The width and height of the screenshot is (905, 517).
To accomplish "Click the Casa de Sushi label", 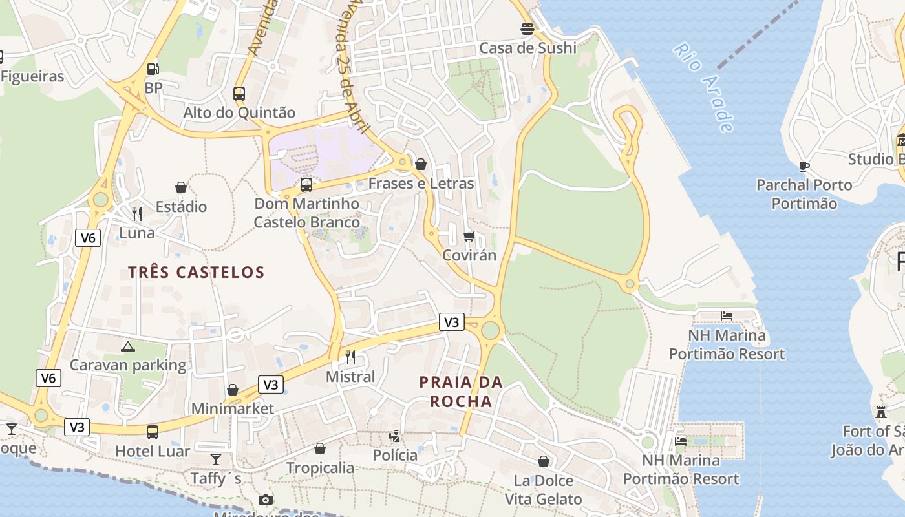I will [x=527, y=48].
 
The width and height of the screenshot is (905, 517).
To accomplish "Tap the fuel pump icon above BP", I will [x=153, y=69].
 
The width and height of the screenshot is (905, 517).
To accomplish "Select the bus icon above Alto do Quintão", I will [x=239, y=93].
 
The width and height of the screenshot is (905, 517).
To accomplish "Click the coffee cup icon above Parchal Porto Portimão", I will [x=804, y=166].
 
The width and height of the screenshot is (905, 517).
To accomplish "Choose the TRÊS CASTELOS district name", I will [x=197, y=272].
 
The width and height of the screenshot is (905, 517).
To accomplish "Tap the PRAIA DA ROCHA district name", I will [x=461, y=392].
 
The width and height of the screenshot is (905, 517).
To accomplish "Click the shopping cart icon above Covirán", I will [x=469, y=236].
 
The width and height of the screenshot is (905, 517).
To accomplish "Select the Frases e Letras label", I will [x=421, y=184].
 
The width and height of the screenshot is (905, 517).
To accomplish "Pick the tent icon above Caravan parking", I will [x=128, y=346].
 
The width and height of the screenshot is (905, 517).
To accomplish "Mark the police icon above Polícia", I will [x=395, y=436].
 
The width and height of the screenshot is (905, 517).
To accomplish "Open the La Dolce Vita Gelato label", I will [x=543, y=490].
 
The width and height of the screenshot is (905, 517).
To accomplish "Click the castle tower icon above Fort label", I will [x=880, y=412].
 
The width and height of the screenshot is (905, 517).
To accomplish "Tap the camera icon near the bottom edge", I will [x=265, y=500].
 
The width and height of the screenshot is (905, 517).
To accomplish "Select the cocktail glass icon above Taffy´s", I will [x=216, y=459].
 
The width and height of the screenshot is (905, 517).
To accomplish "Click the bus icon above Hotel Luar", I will [x=153, y=432].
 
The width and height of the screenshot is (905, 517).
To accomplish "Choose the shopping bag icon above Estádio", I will [x=181, y=187].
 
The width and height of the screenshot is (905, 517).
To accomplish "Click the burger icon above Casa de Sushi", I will [x=527, y=29].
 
